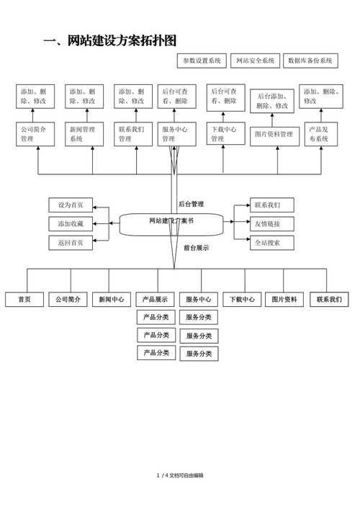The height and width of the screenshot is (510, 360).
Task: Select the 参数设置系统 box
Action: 202,61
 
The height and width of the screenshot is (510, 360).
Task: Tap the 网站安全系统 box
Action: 255,61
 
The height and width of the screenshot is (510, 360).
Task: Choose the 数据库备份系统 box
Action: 310,61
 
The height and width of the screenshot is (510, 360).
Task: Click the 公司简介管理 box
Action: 35,134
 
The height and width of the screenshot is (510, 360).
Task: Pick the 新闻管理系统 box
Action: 84,134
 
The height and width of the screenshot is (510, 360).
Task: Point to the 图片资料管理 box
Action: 274,135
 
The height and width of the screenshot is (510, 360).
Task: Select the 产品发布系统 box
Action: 320,134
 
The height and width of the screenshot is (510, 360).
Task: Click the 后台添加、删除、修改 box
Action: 272,101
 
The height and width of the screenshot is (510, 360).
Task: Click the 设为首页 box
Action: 71,205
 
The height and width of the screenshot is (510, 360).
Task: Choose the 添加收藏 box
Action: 71,224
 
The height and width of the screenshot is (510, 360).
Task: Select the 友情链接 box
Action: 271,223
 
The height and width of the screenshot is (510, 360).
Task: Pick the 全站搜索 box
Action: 271,243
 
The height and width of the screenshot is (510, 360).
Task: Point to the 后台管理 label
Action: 191,204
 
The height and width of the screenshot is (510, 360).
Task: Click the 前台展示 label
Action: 196,248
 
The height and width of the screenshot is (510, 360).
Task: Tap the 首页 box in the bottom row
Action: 24,300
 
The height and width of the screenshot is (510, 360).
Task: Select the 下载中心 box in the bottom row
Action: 242,300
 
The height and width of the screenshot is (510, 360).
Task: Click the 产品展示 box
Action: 156,300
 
